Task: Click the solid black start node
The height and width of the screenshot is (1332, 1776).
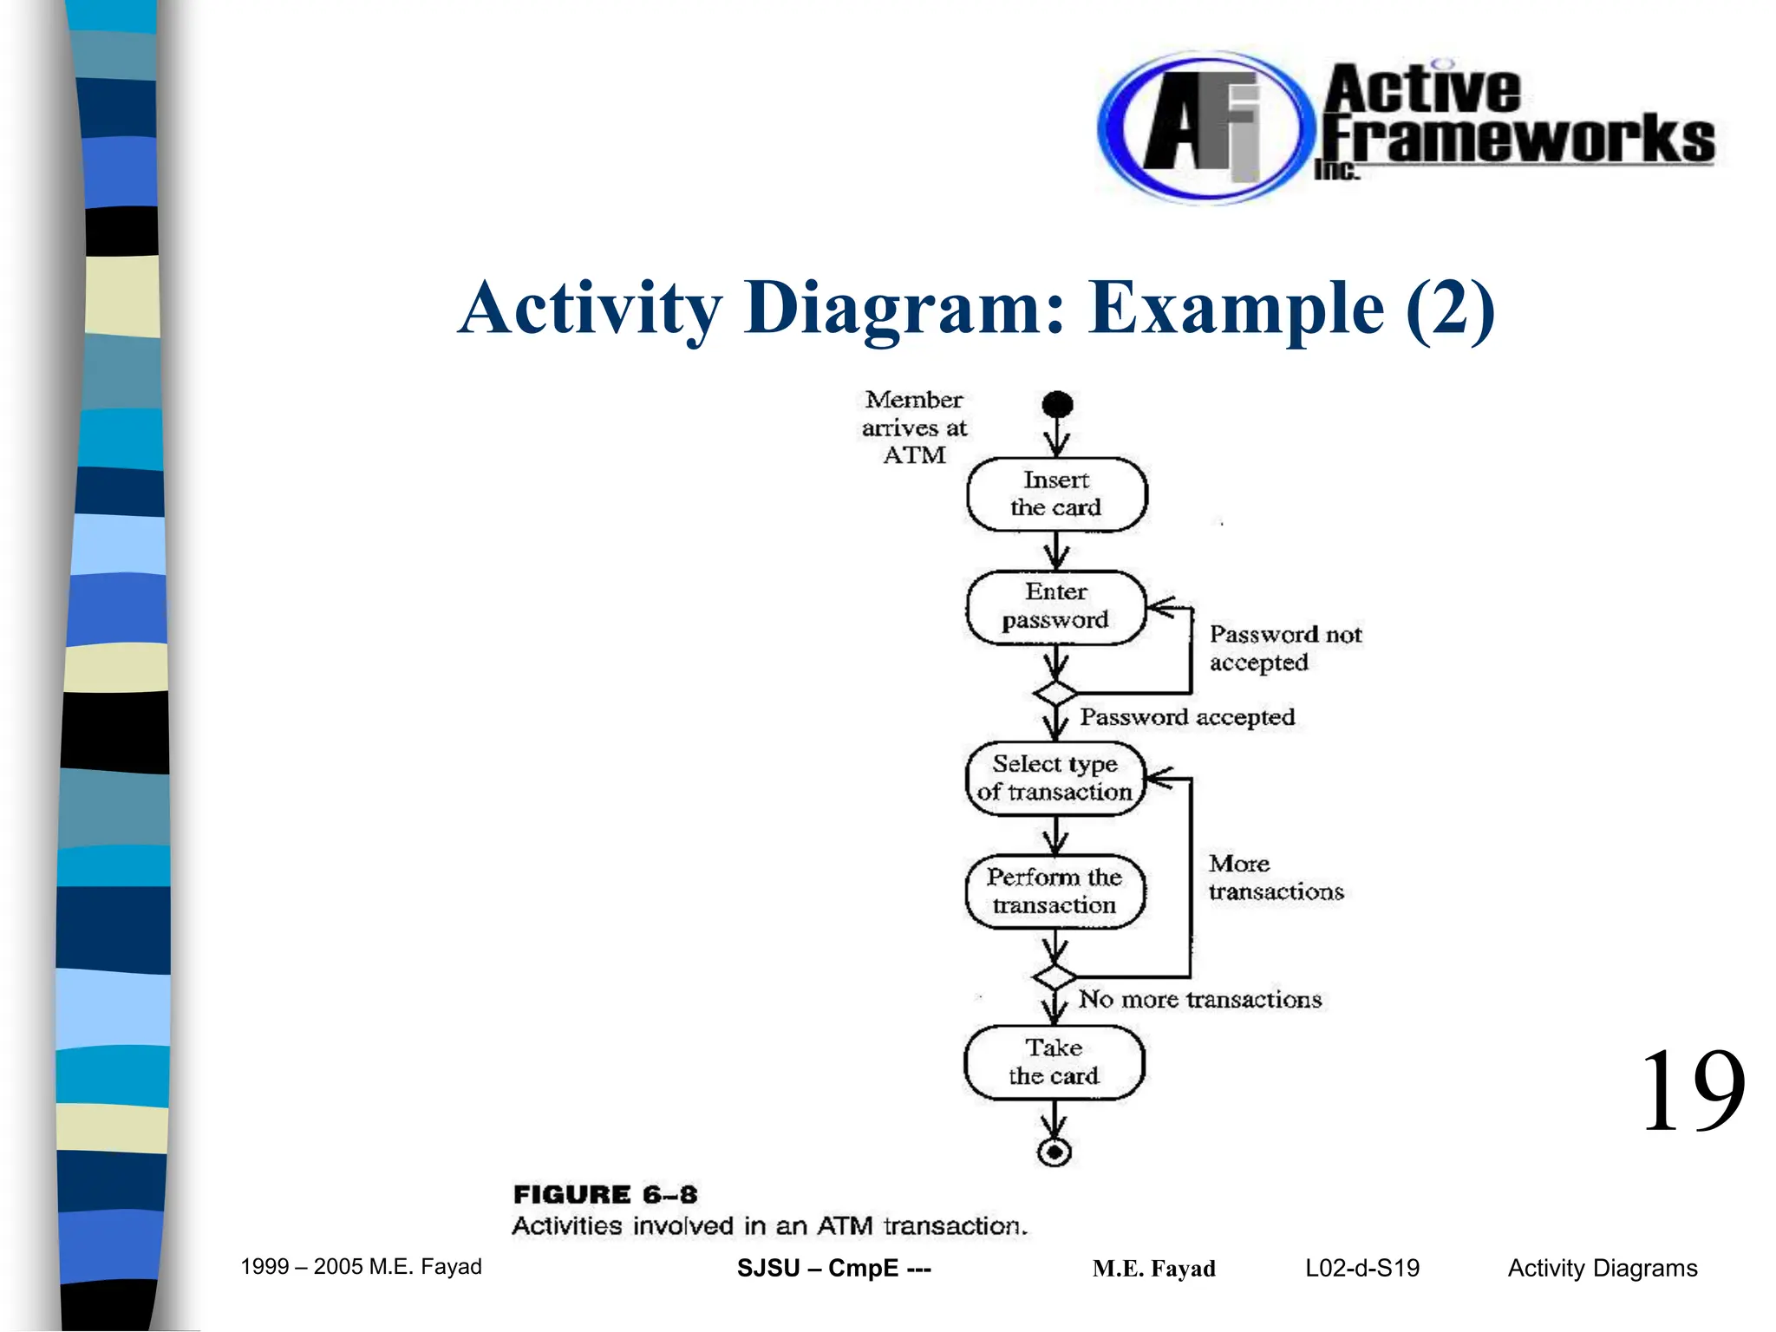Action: [x=1057, y=404]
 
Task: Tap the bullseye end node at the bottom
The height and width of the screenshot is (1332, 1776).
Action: [x=1054, y=1152]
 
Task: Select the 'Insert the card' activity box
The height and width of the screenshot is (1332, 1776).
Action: [x=1056, y=494]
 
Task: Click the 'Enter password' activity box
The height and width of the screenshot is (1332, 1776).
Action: [x=1055, y=607]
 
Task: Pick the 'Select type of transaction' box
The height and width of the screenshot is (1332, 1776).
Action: [x=1054, y=778]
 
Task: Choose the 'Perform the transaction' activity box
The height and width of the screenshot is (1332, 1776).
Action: [x=1054, y=891]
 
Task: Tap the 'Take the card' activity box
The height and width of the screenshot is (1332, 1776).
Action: [x=1054, y=1062]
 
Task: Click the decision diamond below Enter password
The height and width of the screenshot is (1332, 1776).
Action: [x=1055, y=694]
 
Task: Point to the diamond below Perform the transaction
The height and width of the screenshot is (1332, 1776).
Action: [x=1054, y=977]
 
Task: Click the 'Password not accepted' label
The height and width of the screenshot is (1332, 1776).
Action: [x=1285, y=649]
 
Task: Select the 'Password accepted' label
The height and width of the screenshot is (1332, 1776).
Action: [x=1186, y=717]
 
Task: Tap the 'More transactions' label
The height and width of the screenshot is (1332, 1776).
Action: [x=1276, y=878]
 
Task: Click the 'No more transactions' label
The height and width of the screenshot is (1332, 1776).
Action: [x=1199, y=1000]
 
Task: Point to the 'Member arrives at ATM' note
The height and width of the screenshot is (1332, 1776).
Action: [x=914, y=428]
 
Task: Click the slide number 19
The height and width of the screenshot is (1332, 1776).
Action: [x=1692, y=1092]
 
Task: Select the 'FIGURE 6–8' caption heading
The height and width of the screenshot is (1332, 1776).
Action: [x=605, y=1195]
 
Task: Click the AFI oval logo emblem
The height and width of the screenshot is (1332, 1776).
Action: [x=1200, y=127]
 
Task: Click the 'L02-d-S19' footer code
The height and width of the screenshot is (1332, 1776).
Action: [x=1362, y=1269]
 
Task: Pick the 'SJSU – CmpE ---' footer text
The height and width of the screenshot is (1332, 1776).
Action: [x=833, y=1269]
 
